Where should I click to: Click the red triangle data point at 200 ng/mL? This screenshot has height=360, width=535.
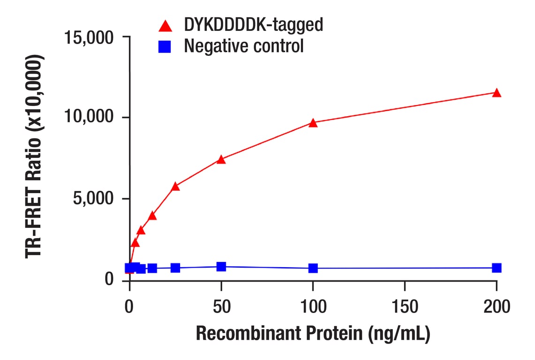(497, 93)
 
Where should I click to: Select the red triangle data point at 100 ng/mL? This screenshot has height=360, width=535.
(313, 123)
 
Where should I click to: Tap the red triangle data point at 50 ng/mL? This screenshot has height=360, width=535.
(221, 160)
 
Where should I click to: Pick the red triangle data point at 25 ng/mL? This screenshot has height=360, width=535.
(175, 187)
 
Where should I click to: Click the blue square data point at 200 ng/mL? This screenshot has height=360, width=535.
(497, 268)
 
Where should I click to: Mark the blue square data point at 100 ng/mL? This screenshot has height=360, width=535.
(313, 268)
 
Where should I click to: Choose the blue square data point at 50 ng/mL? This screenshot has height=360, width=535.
(221, 267)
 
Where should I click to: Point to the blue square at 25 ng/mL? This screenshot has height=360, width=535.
(175, 268)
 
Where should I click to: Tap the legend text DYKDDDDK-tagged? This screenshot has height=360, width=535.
(253, 25)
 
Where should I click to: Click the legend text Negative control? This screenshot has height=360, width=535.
(244, 46)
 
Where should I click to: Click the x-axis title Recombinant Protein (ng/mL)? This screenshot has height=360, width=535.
(313, 333)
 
